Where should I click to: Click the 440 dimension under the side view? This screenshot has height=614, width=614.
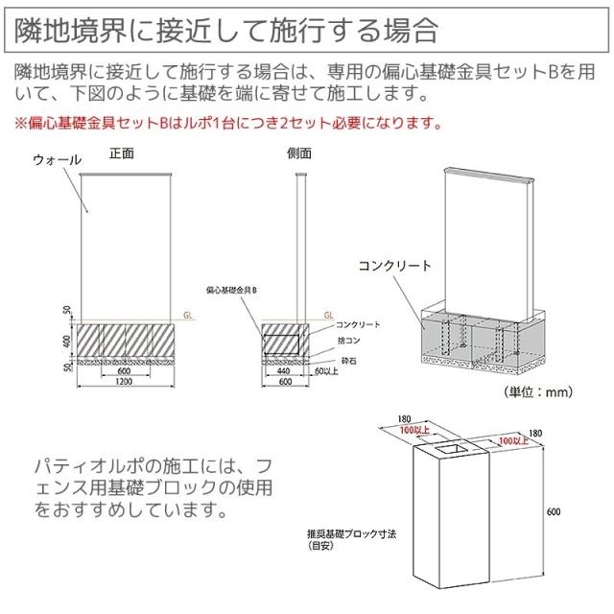[x=283, y=369]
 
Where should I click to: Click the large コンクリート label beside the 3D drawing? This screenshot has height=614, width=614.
[x=394, y=266]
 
